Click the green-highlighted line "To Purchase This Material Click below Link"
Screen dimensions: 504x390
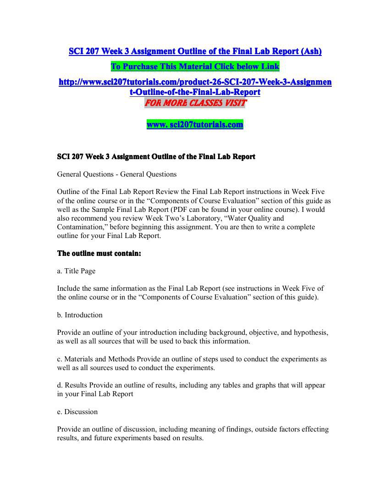click(x=195, y=66)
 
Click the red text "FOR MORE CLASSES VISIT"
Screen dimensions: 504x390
click(x=195, y=103)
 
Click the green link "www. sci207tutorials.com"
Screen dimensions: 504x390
click(x=195, y=124)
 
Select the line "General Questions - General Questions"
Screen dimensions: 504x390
click(x=116, y=174)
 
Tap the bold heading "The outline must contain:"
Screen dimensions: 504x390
click(x=99, y=253)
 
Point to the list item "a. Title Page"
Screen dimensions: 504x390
click(x=76, y=271)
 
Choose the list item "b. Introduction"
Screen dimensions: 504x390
click(x=80, y=315)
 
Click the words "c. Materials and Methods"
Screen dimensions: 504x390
click(x=96, y=359)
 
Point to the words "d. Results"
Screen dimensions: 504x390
click(x=72, y=385)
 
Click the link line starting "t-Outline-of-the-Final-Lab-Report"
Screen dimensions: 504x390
click(x=195, y=92)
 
